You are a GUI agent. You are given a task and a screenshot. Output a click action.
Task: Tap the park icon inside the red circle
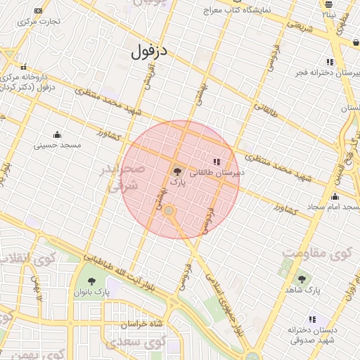coord(176,170)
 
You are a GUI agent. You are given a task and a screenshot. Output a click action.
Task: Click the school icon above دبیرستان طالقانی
coord(216,162)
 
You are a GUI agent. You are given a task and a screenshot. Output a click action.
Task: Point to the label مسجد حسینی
coord(58,145)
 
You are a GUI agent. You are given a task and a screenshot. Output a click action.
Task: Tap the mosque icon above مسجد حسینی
coord(58,135)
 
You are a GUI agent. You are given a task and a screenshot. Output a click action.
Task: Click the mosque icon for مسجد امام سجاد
coord(335,197)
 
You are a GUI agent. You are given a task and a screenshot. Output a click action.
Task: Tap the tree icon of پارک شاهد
coord(302,280)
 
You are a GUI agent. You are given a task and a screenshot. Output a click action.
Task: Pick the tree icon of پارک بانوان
coord(91,281)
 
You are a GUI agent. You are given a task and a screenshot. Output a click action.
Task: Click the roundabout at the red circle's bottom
coord(169,210)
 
